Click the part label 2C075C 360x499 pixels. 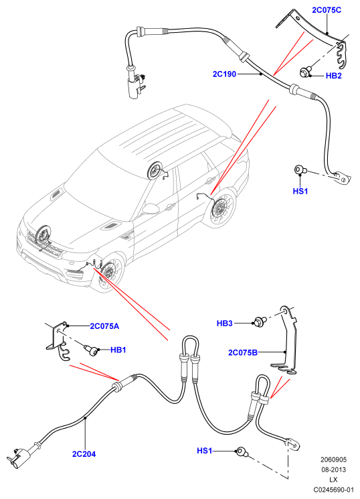(327, 10)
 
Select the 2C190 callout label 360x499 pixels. (225, 74)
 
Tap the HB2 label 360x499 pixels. (334, 76)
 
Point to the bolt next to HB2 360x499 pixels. (304, 72)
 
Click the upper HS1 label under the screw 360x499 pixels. (300, 192)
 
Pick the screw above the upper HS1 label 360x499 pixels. (300, 169)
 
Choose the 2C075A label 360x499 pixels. (104, 326)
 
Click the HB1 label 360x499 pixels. (118, 350)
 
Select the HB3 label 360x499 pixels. (225, 324)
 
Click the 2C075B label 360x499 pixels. (243, 352)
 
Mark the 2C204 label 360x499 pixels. (84, 454)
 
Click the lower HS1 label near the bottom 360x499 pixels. (205, 451)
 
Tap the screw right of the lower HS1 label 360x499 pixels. (241, 451)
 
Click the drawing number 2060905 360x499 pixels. (333, 459)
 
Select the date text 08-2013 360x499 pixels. (333, 470)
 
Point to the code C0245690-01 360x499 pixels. (333, 490)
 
